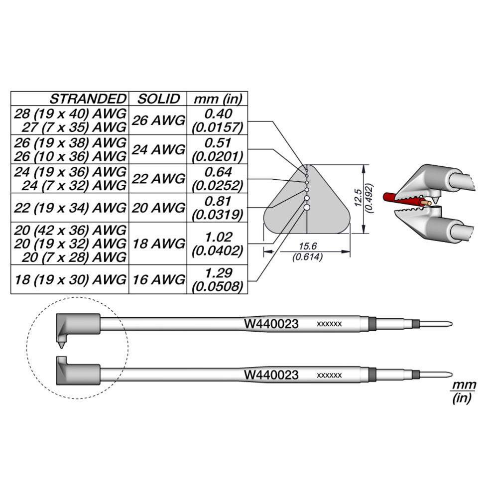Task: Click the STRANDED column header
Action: [88, 99]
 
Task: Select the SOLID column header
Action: [158, 99]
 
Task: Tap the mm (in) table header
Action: [218, 99]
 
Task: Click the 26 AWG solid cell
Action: [158, 121]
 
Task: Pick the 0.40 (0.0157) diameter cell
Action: [218, 121]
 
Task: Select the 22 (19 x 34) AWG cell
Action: [70, 208]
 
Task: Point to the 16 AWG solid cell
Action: [158, 280]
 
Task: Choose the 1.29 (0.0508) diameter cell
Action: [218, 280]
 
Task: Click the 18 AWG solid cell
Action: [158, 244]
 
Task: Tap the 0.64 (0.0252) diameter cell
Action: [218, 179]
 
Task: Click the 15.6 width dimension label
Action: [307, 246]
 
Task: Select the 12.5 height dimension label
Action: [358, 198]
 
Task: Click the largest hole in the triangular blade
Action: [307, 207]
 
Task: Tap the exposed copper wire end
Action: [427, 203]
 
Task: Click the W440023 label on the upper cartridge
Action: [271, 324]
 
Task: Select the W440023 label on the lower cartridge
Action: [271, 375]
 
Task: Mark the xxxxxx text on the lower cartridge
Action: [329, 375]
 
